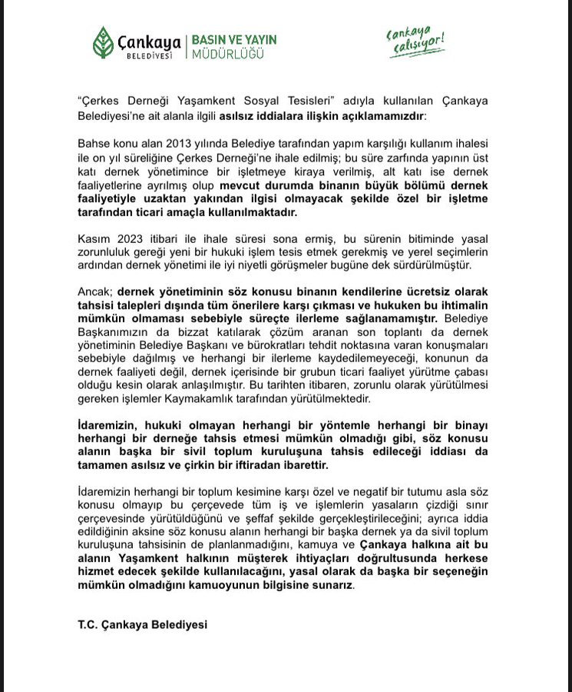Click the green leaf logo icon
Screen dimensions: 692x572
[x=103, y=42]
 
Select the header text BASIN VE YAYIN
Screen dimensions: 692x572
[x=233, y=39]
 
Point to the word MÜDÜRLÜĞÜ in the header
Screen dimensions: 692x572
[x=227, y=55]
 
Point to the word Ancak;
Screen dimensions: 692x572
[x=96, y=293]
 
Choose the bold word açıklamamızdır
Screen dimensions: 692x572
[x=378, y=115]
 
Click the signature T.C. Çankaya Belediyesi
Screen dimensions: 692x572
[x=142, y=625]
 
